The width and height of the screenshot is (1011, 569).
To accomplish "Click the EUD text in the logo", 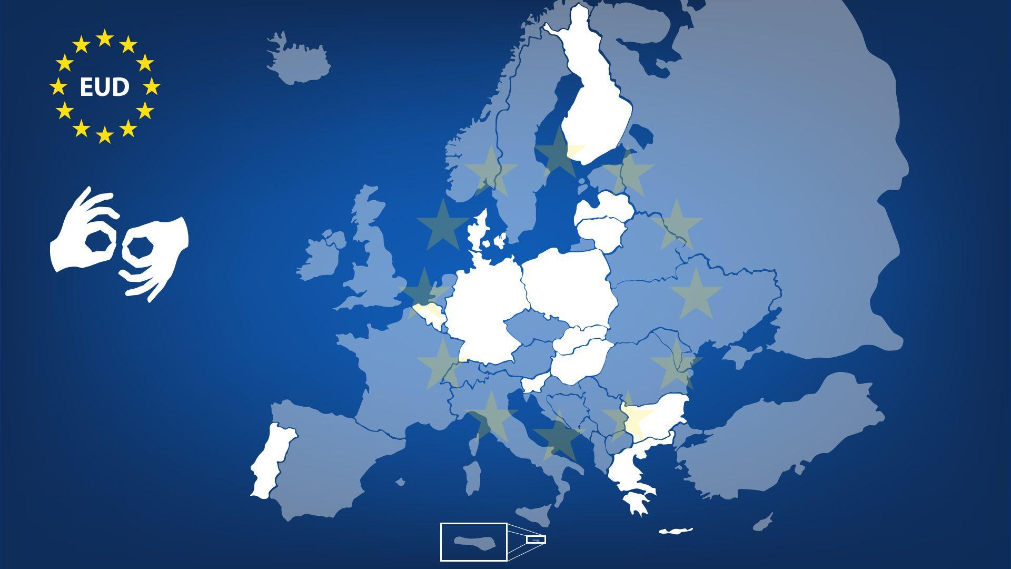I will [104, 87].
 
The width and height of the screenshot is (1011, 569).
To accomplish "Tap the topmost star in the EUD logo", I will [105, 38].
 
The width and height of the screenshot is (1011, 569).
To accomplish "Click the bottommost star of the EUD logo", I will [105, 135].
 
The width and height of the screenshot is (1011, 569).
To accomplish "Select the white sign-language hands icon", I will [119, 243].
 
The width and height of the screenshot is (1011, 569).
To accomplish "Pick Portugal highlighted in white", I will [271, 461].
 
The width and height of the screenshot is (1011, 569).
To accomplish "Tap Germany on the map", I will [484, 311].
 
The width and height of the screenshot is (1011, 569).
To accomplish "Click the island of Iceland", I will [298, 61].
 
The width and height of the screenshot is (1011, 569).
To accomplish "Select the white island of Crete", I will [676, 531].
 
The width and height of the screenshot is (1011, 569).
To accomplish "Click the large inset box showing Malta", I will [474, 542].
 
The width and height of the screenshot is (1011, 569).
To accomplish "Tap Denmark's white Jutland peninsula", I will [479, 232].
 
